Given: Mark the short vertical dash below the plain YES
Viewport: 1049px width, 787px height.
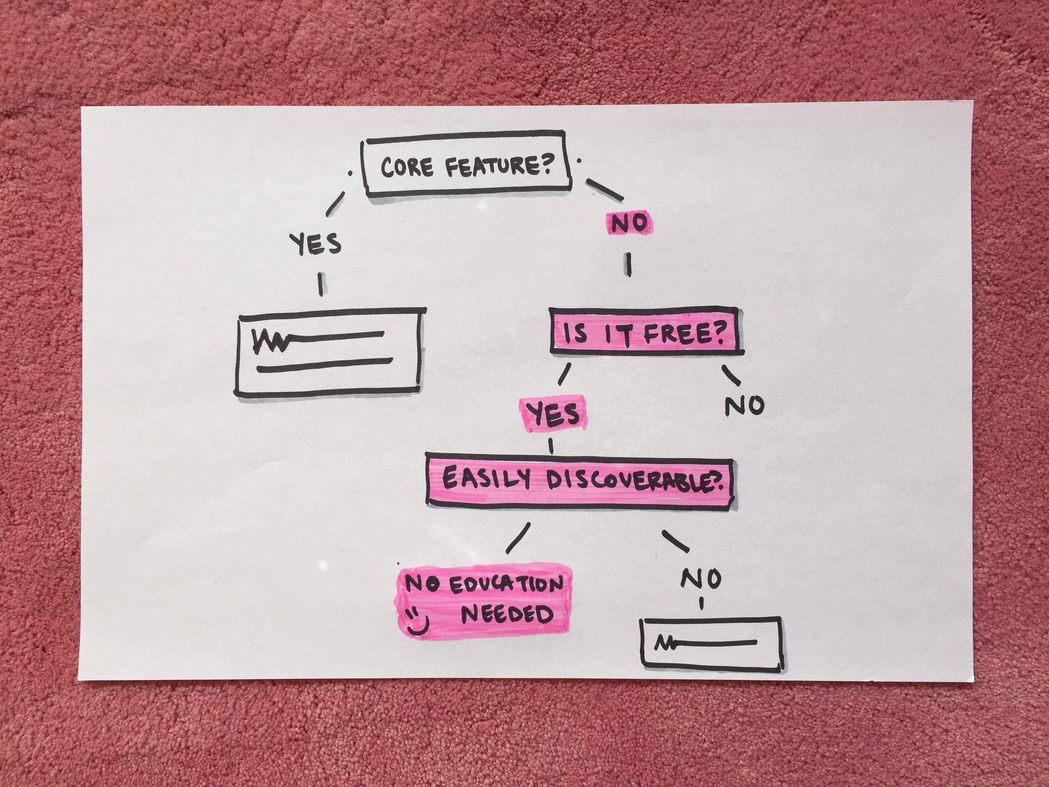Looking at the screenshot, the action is (x=321, y=284).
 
